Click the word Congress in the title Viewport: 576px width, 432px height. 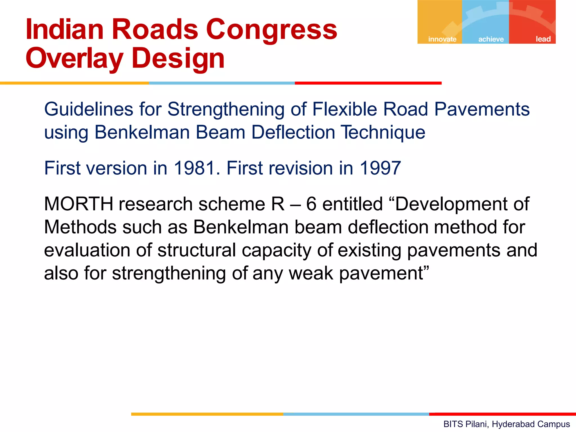point(271,30)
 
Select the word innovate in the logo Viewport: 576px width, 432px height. point(442,39)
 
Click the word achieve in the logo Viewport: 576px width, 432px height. point(491,39)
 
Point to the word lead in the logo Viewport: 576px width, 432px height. point(543,39)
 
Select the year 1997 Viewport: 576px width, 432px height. point(380,168)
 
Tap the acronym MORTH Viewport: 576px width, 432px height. point(78,204)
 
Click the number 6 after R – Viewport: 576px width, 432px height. point(311,204)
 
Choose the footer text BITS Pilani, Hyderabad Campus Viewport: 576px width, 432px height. point(507,424)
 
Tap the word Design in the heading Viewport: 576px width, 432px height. point(178,58)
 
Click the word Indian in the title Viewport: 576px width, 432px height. point(65,30)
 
